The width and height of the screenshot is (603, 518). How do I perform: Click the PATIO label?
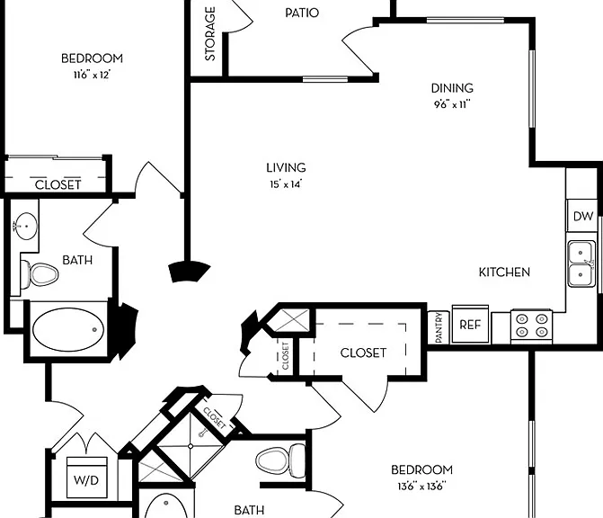pos(302,13)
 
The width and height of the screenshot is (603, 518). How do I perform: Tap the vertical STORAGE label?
pos(210,34)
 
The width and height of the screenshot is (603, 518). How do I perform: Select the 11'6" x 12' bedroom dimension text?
pos(92,75)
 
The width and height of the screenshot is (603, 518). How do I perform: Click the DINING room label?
pos(452,88)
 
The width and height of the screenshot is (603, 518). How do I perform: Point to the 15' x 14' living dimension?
pos(286,184)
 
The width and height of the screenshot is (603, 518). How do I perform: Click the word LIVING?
pos(286,168)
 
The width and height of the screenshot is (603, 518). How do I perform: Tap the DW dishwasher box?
pos(582,216)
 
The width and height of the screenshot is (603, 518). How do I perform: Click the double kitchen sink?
pos(581,263)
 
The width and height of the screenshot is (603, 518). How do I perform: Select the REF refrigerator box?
pos(470,324)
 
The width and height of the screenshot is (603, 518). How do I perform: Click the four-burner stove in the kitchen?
pos(531,326)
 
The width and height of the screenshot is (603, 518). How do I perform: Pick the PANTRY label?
pos(439,328)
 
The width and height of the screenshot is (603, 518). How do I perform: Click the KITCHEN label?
pos(504,272)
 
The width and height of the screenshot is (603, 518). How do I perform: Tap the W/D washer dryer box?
pos(86,478)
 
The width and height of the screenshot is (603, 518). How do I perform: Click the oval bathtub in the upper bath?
pos(68,329)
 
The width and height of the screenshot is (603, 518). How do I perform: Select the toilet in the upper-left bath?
pos(39,274)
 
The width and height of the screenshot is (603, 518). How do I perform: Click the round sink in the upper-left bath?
pos(25,227)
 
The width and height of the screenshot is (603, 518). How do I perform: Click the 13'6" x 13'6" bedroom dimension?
pos(421,486)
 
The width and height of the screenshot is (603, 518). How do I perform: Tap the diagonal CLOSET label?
pos(214,418)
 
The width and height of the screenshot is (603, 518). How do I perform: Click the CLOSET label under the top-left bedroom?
pos(58,184)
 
